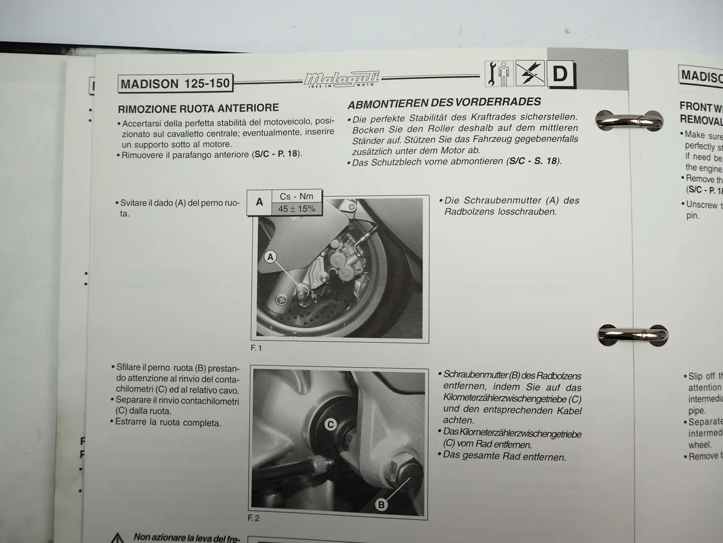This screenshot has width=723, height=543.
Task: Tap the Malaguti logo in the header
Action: click(x=342, y=79)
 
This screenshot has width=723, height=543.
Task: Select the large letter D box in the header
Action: click(x=560, y=74)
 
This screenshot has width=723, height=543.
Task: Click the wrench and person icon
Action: click(x=499, y=74)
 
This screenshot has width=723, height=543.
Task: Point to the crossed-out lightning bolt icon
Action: click(x=530, y=74)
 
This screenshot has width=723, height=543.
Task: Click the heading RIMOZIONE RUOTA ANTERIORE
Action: click(x=198, y=108)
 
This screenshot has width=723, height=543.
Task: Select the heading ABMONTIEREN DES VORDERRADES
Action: click(x=444, y=103)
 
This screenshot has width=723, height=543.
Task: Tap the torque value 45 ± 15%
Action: click(x=297, y=209)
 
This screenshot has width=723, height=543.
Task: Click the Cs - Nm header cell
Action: click(x=297, y=196)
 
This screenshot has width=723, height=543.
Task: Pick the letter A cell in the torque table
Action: click(x=259, y=202)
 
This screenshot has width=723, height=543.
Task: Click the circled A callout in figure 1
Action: click(x=271, y=257)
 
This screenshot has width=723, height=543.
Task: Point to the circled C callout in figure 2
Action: click(x=331, y=425)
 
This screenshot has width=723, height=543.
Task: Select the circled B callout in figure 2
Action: click(x=381, y=504)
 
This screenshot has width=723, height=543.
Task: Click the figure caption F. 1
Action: click(x=256, y=348)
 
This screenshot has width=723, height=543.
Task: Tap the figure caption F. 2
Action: click(x=254, y=518)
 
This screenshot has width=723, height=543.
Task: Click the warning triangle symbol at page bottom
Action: click(x=117, y=538)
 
